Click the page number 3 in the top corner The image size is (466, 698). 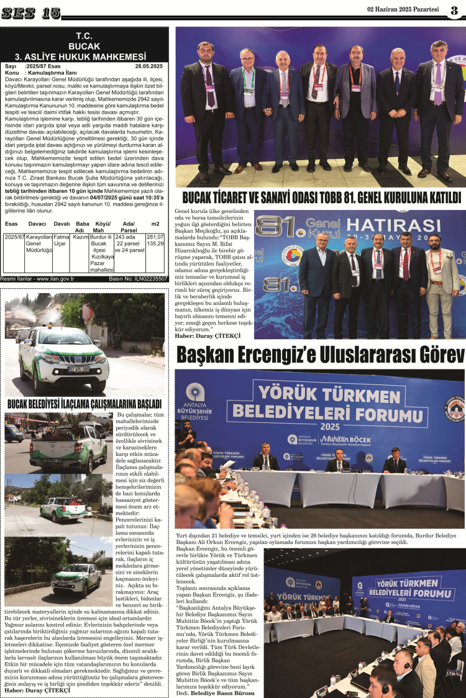point(455,11)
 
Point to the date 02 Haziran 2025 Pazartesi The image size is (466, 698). point(403,9)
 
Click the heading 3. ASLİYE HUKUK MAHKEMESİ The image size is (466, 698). point(84,55)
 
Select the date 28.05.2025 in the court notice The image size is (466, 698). point(148,66)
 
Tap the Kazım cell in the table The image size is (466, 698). point(81,237)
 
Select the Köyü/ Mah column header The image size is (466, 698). point(101,227)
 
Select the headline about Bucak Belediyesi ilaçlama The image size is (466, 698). point(84,404)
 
